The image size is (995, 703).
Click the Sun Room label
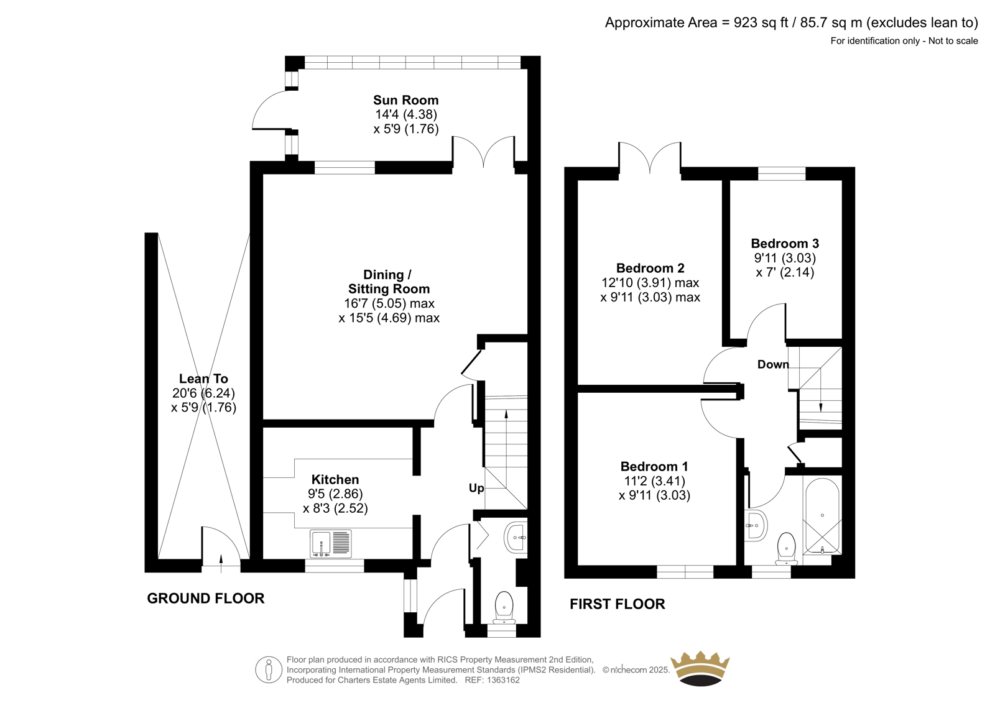click(405, 100)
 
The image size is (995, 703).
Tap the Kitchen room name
click(335, 480)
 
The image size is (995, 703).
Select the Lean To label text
click(203, 379)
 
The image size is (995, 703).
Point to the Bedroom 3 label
click(785, 244)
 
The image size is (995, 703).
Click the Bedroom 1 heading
click(654, 467)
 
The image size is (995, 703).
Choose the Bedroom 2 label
click(650, 269)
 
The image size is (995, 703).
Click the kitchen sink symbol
click(330, 544)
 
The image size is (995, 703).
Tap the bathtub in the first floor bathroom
click(822, 515)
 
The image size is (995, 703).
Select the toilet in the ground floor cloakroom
click(504, 607)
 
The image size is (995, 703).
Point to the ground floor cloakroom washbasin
click(516, 538)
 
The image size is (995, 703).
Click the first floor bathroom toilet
click(787, 549)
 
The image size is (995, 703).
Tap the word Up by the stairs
click(476, 489)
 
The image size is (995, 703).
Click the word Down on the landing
click(773, 365)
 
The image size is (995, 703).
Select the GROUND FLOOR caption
click(206, 599)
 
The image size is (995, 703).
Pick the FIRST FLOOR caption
click(618, 604)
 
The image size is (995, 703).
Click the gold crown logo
click(700, 668)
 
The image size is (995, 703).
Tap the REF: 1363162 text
click(492, 681)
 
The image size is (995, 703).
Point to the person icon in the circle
click(268, 669)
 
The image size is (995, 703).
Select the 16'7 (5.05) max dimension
click(389, 304)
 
